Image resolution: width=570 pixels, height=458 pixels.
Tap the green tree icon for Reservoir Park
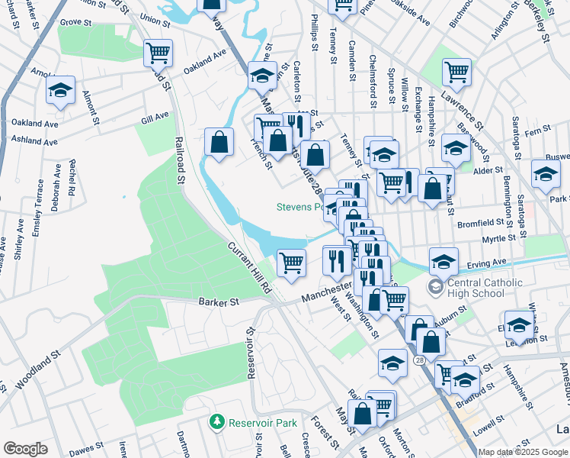218,421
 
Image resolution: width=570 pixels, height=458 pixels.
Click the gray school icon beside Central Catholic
435,288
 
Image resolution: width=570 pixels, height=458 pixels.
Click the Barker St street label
219,302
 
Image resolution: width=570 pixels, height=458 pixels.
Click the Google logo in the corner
25,449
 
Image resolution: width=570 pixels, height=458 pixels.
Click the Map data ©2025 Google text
523,452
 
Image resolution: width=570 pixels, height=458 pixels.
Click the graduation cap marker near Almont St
60,90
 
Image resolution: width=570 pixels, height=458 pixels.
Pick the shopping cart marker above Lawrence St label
456,72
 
